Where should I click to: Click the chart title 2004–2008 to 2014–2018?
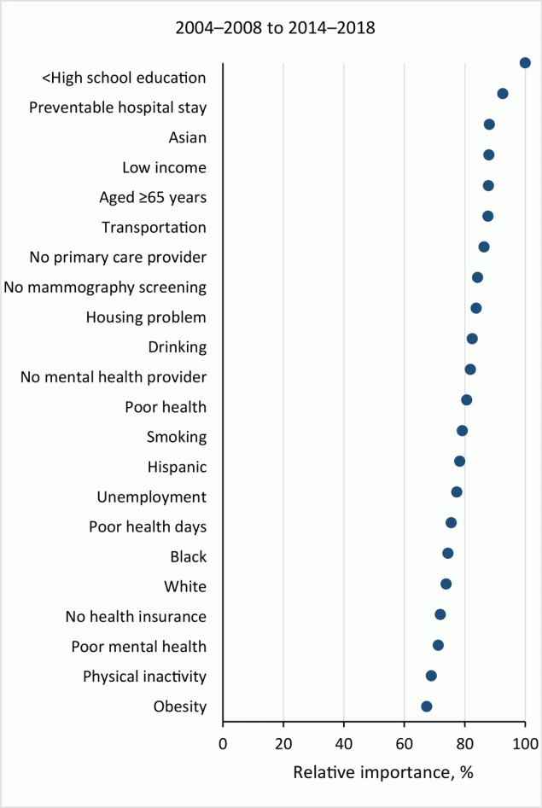(275, 28)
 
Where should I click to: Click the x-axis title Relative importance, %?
(382, 772)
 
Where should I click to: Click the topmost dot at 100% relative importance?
(525, 62)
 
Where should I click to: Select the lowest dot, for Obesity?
(427, 706)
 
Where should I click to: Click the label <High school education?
(124, 78)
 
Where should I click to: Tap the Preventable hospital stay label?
(118, 108)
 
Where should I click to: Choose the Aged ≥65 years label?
(153, 197)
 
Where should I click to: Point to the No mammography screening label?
(105, 287)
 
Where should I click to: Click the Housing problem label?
(146, 317)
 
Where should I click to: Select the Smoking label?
(177, 437)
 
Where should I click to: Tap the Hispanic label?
(177, 467)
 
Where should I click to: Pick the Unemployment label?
(151, 497)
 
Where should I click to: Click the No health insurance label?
(136, 616)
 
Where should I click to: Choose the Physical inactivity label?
(144, 676)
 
